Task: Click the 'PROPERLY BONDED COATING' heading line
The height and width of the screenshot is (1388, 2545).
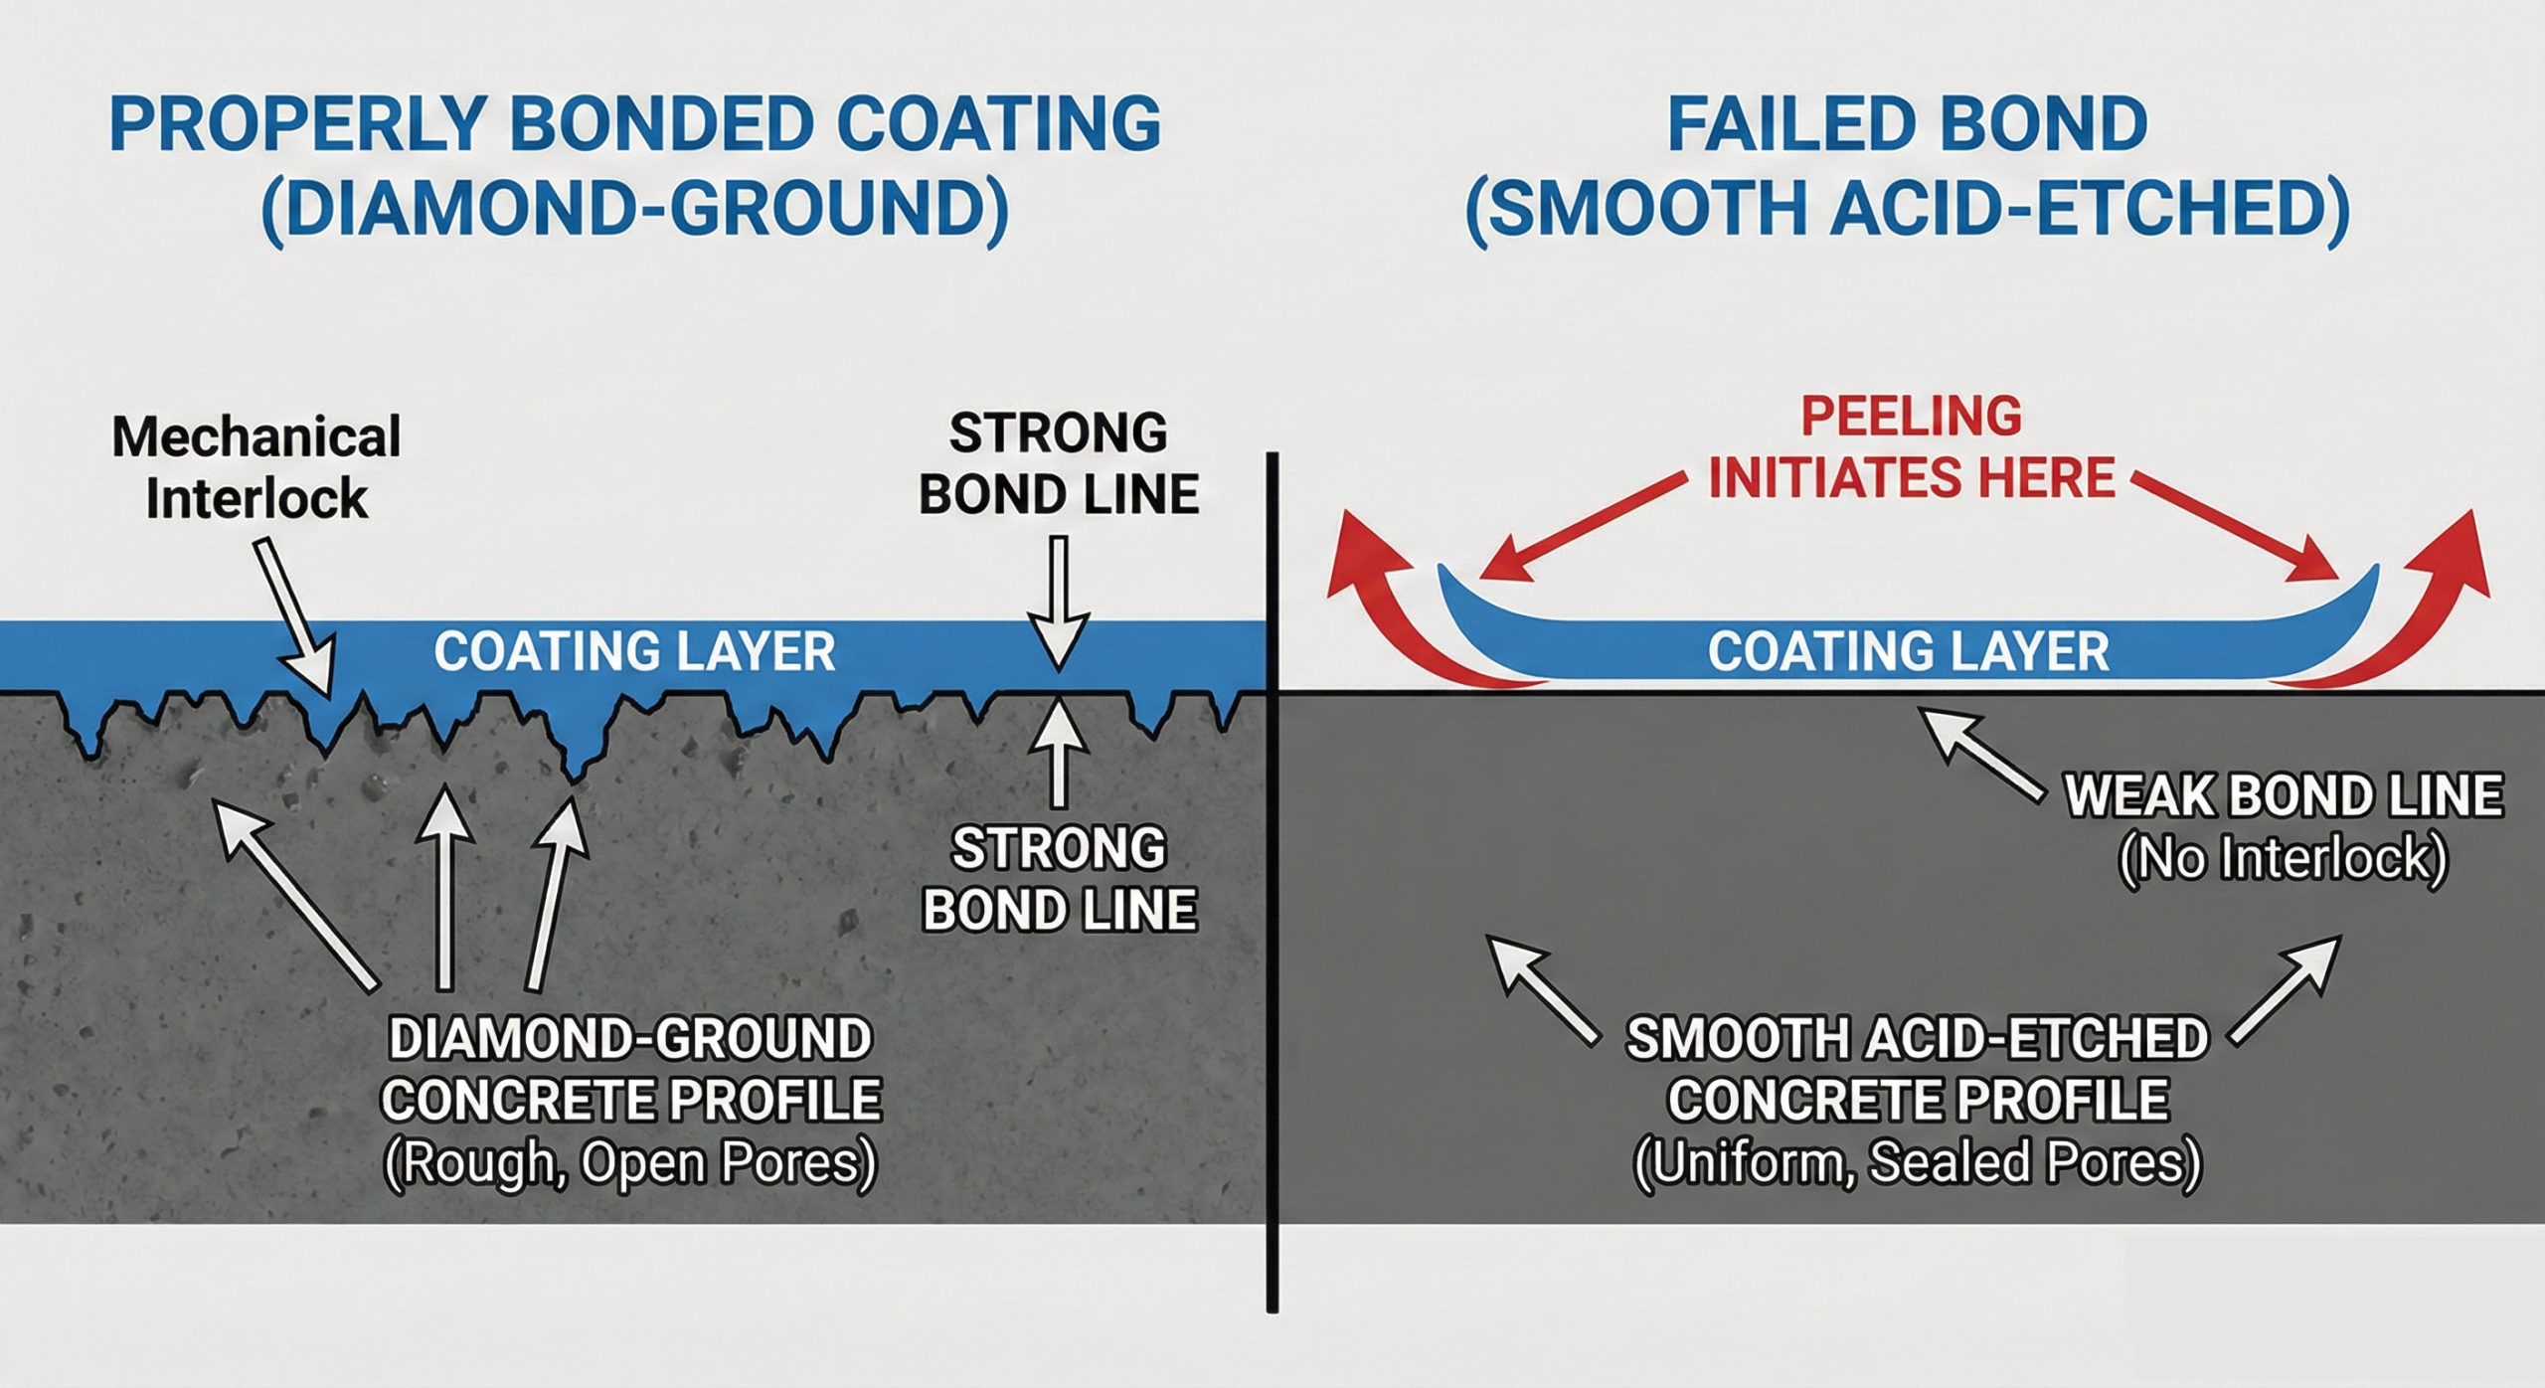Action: click(634, 124)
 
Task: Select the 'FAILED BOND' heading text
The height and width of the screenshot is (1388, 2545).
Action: click(1907, 124)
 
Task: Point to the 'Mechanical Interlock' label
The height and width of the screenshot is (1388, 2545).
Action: click(256, 467)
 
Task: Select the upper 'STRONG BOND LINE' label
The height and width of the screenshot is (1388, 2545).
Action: click(1059, 463)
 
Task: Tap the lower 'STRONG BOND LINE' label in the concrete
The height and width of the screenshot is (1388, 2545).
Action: click(1059, 879)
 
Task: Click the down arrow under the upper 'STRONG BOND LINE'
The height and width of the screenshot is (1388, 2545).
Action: click(1059, 603)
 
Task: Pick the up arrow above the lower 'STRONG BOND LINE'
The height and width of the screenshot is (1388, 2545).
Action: click(1059, 751)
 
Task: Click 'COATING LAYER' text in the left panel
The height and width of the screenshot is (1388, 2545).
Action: click(634, 651)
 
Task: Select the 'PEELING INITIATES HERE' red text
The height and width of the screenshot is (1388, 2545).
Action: click(1911, 447)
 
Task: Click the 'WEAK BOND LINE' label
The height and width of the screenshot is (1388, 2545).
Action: click(2284, 795)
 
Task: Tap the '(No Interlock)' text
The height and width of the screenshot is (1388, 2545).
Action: click(2284, 859)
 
